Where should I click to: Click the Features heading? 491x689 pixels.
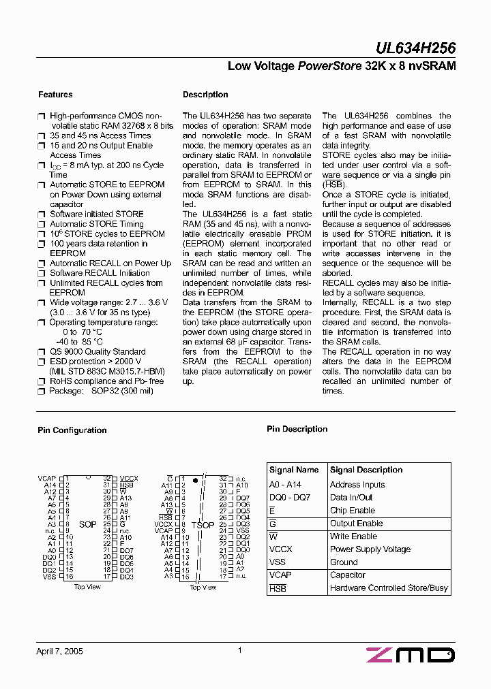coord(55,95)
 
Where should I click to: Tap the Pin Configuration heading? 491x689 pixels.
coord(72,430)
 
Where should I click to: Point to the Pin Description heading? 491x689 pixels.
coord(297,429)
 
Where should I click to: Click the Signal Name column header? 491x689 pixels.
coord(294,470)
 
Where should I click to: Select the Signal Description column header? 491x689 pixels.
coord(366,470)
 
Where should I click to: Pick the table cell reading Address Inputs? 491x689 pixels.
coord(357,485)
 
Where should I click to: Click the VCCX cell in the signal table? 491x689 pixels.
coord(281,549)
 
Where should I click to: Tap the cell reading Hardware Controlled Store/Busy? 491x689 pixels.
coord(389,588)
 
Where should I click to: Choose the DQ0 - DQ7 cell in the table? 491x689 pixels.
coord(290,498)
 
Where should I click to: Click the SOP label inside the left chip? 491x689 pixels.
coord(88,525)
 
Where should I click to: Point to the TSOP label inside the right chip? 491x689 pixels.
coord(203,525)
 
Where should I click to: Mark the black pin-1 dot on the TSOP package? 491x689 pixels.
coord(196,480)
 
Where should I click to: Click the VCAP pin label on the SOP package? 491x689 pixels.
coord(46,479)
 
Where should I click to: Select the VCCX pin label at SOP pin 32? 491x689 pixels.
coord(128,479)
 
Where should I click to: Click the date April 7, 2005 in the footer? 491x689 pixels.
coord(59,652)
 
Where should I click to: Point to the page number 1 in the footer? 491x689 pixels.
coord(240,651)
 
